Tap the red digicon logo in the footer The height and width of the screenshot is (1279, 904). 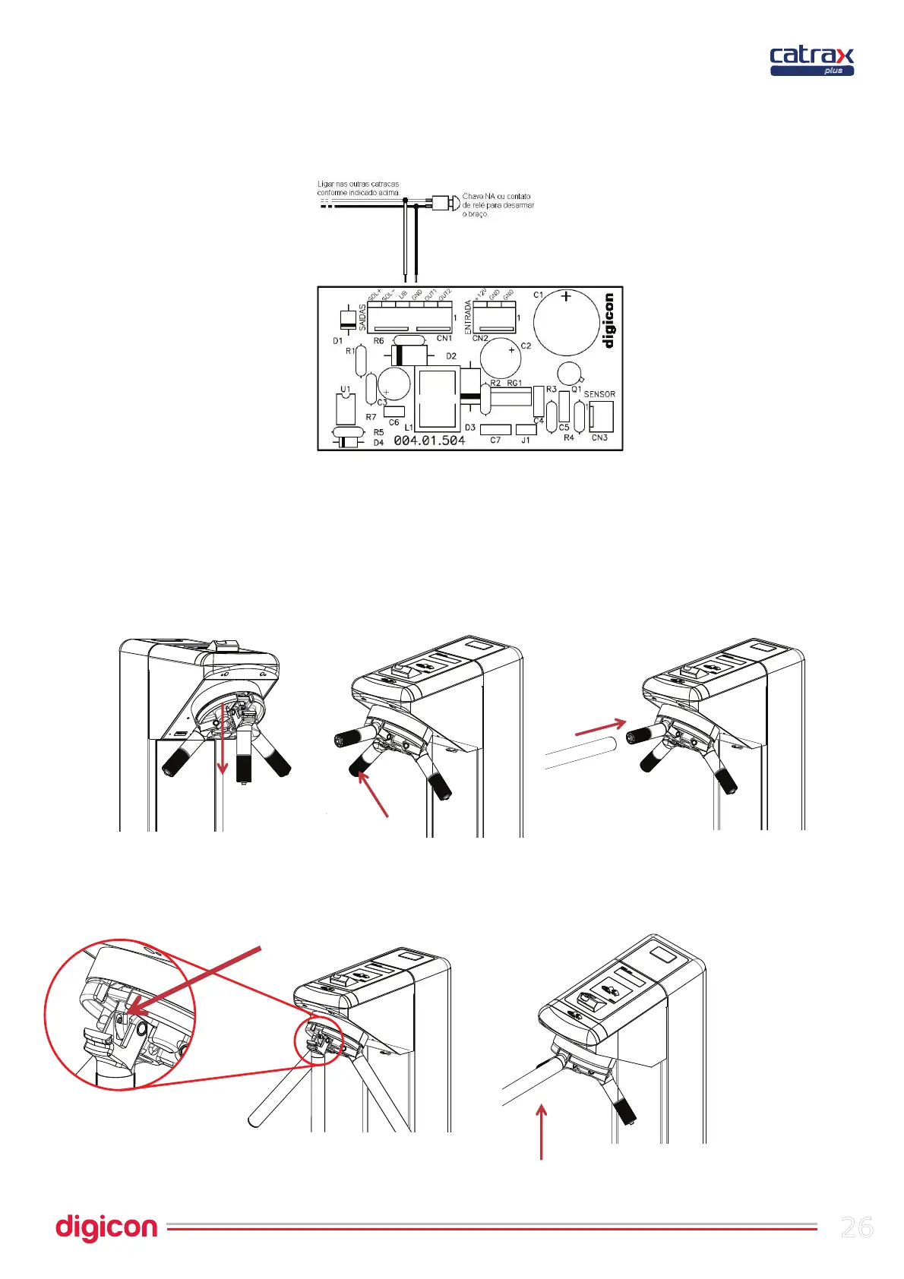[106, 1227]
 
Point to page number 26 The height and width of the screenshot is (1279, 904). [857, 1227]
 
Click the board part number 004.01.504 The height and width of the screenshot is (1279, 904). [429, 441]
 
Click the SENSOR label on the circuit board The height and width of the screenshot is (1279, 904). [599, 394]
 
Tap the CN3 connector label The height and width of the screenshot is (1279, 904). [599, 437]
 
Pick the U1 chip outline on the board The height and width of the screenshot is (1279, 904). [346, 409]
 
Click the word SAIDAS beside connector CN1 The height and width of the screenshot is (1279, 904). [362, 317]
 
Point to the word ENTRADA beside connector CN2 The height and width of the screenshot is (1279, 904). [468, 317]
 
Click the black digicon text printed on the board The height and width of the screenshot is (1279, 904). [608, 321]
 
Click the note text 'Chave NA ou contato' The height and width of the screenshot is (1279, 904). [497, 196]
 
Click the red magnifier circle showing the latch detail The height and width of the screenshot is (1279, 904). [120, 1015]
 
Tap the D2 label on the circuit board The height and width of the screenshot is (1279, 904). [451, 356]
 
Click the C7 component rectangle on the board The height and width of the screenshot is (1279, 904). [495, 429]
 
